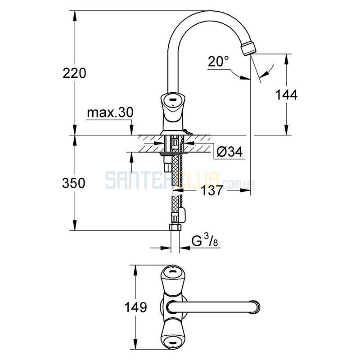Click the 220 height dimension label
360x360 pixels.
click(74, 73)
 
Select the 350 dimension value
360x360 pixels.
click(74, 183)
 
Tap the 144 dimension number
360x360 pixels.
click(286, 94)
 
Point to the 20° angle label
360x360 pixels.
click(218, 61)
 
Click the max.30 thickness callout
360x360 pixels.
click(110, 113)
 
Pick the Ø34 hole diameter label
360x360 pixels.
click(229, 152)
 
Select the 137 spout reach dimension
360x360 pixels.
click(211, 190)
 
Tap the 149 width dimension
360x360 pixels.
click(135, 307)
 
